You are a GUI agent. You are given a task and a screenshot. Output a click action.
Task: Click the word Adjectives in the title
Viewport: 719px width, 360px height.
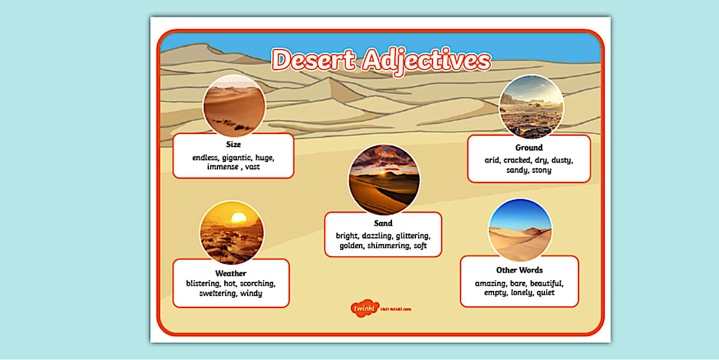click(426, 60)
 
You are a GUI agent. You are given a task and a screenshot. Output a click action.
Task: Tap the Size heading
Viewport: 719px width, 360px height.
click(233, 144)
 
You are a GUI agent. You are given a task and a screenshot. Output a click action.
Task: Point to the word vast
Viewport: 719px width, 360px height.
click(252, 167)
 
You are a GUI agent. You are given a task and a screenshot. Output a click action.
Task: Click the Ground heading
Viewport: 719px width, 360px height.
click(529, 148)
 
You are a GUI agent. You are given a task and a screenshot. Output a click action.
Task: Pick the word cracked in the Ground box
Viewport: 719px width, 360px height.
click(517, 160)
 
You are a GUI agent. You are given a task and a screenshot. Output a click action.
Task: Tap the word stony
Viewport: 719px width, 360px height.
click(542, 170)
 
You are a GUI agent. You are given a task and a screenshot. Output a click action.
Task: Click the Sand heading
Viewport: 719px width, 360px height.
click(383, 223)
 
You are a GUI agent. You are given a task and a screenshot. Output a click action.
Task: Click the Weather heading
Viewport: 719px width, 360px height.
click(231, 273)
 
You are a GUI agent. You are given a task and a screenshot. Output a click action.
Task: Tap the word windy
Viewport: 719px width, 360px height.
click(251, 293)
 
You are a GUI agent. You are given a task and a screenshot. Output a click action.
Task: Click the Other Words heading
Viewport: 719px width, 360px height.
click(519, 270)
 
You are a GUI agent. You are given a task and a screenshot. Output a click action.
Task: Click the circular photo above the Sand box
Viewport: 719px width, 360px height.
click(383, 179)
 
